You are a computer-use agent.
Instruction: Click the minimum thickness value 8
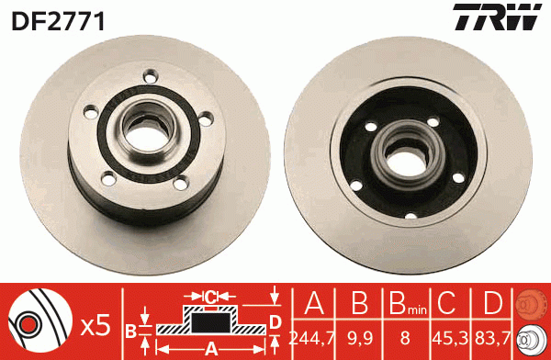(x=404, y=337)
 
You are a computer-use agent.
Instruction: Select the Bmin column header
(x=404, y=302)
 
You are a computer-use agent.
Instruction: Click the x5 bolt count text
(x=96, y=323)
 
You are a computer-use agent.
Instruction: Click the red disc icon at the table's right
(x=529, y=302)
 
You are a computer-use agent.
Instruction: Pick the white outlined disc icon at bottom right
(x=529, y=337)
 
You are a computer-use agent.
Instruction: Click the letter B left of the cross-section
(x=130, y=329)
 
